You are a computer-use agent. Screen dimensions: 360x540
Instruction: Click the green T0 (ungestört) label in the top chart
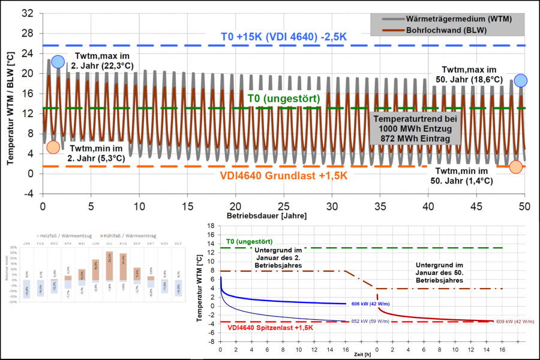coord(283,98)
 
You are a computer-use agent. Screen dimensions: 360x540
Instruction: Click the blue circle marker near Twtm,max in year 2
coord(58,61)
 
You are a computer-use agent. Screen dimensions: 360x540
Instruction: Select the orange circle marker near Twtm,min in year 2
coord(53,148)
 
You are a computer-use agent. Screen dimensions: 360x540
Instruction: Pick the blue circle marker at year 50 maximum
coord(521,80)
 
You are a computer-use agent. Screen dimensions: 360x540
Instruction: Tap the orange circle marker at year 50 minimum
coord(516,167)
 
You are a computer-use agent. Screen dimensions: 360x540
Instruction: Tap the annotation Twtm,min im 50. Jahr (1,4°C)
coord(461,175)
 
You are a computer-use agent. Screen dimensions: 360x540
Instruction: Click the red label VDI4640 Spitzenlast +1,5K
coord(272,329)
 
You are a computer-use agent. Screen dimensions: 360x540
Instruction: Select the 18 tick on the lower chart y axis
coord(211,226)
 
